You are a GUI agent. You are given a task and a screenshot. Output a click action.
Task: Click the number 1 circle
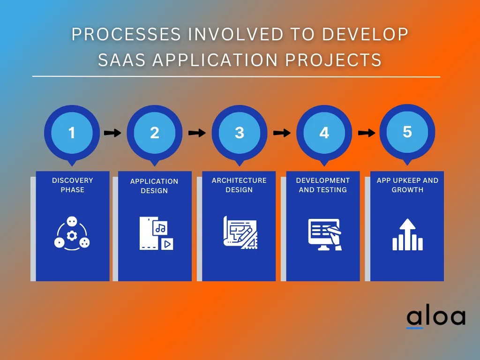click(72, 133)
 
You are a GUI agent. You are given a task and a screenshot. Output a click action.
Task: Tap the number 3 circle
click(240, 133)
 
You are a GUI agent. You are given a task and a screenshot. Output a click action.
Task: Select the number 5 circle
click(407, 132)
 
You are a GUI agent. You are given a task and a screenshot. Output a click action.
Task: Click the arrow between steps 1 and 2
click(112, 133)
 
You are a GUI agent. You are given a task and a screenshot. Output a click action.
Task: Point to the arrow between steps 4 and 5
click(367, 133)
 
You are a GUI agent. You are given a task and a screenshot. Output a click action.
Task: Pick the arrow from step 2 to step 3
click(197, 133)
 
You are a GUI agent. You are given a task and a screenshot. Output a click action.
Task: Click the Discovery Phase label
click(73, 185)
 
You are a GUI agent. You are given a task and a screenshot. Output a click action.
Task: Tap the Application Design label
click(154, 186)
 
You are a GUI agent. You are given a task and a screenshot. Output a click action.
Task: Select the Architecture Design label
click(239, 185)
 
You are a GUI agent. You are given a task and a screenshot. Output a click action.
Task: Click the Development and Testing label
click(323, 185)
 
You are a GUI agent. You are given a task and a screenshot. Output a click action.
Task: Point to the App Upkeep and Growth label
click(407, 185)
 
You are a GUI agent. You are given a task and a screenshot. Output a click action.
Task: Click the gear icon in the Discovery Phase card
click(72, 235)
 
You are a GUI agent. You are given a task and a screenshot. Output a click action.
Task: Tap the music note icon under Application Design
click(161, 228)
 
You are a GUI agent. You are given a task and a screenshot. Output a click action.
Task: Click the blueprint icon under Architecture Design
click(240, 232)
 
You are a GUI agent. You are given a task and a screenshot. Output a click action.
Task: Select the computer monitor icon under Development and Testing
click(324, 234)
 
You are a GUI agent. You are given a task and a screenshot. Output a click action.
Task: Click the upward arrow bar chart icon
click(407, 234)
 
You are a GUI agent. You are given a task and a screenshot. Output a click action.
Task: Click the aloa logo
click(436, 318)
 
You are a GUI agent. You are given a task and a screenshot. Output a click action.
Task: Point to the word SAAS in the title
click(121, 60)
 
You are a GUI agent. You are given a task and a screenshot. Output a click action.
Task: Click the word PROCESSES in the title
click(126, 34)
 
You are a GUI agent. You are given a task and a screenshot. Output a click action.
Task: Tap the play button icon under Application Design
click(167, 244)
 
